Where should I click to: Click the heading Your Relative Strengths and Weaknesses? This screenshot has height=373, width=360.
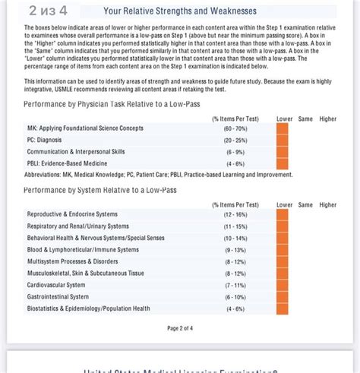tap(180, 11)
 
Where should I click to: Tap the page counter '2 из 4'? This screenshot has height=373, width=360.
tap(48, 11)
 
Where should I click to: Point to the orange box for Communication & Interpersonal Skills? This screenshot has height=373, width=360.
tap(283, 152)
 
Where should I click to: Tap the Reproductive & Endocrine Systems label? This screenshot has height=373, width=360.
tap(72, 214)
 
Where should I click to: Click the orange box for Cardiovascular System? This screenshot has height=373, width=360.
tap(283, 285)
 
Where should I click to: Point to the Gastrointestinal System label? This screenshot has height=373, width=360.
tap(58, 297)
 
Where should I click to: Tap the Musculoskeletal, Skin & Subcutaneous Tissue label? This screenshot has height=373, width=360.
tap(85, 273)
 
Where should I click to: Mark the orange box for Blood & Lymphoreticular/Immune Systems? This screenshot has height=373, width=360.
tap(283, 250)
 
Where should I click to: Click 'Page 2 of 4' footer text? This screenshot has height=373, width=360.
tap(180, 328)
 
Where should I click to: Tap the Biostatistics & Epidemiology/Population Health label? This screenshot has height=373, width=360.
tap(88, 308)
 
